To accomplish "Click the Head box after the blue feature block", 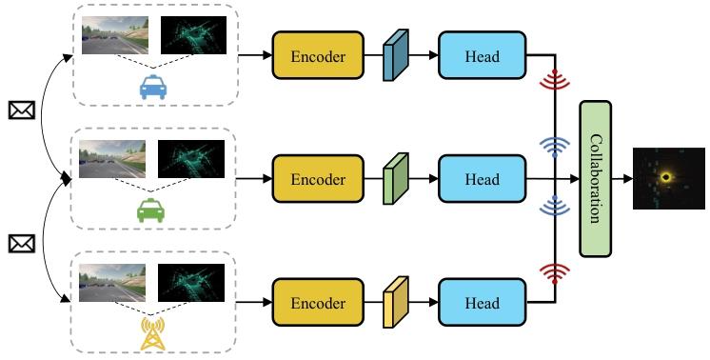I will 482,55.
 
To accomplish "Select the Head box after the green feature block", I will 482,178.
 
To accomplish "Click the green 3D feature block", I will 395,178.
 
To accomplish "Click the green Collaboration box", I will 595,178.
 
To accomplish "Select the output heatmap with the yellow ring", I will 669,178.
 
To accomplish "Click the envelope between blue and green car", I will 20,111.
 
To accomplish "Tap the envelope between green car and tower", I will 20,245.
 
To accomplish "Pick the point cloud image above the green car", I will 190,159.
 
